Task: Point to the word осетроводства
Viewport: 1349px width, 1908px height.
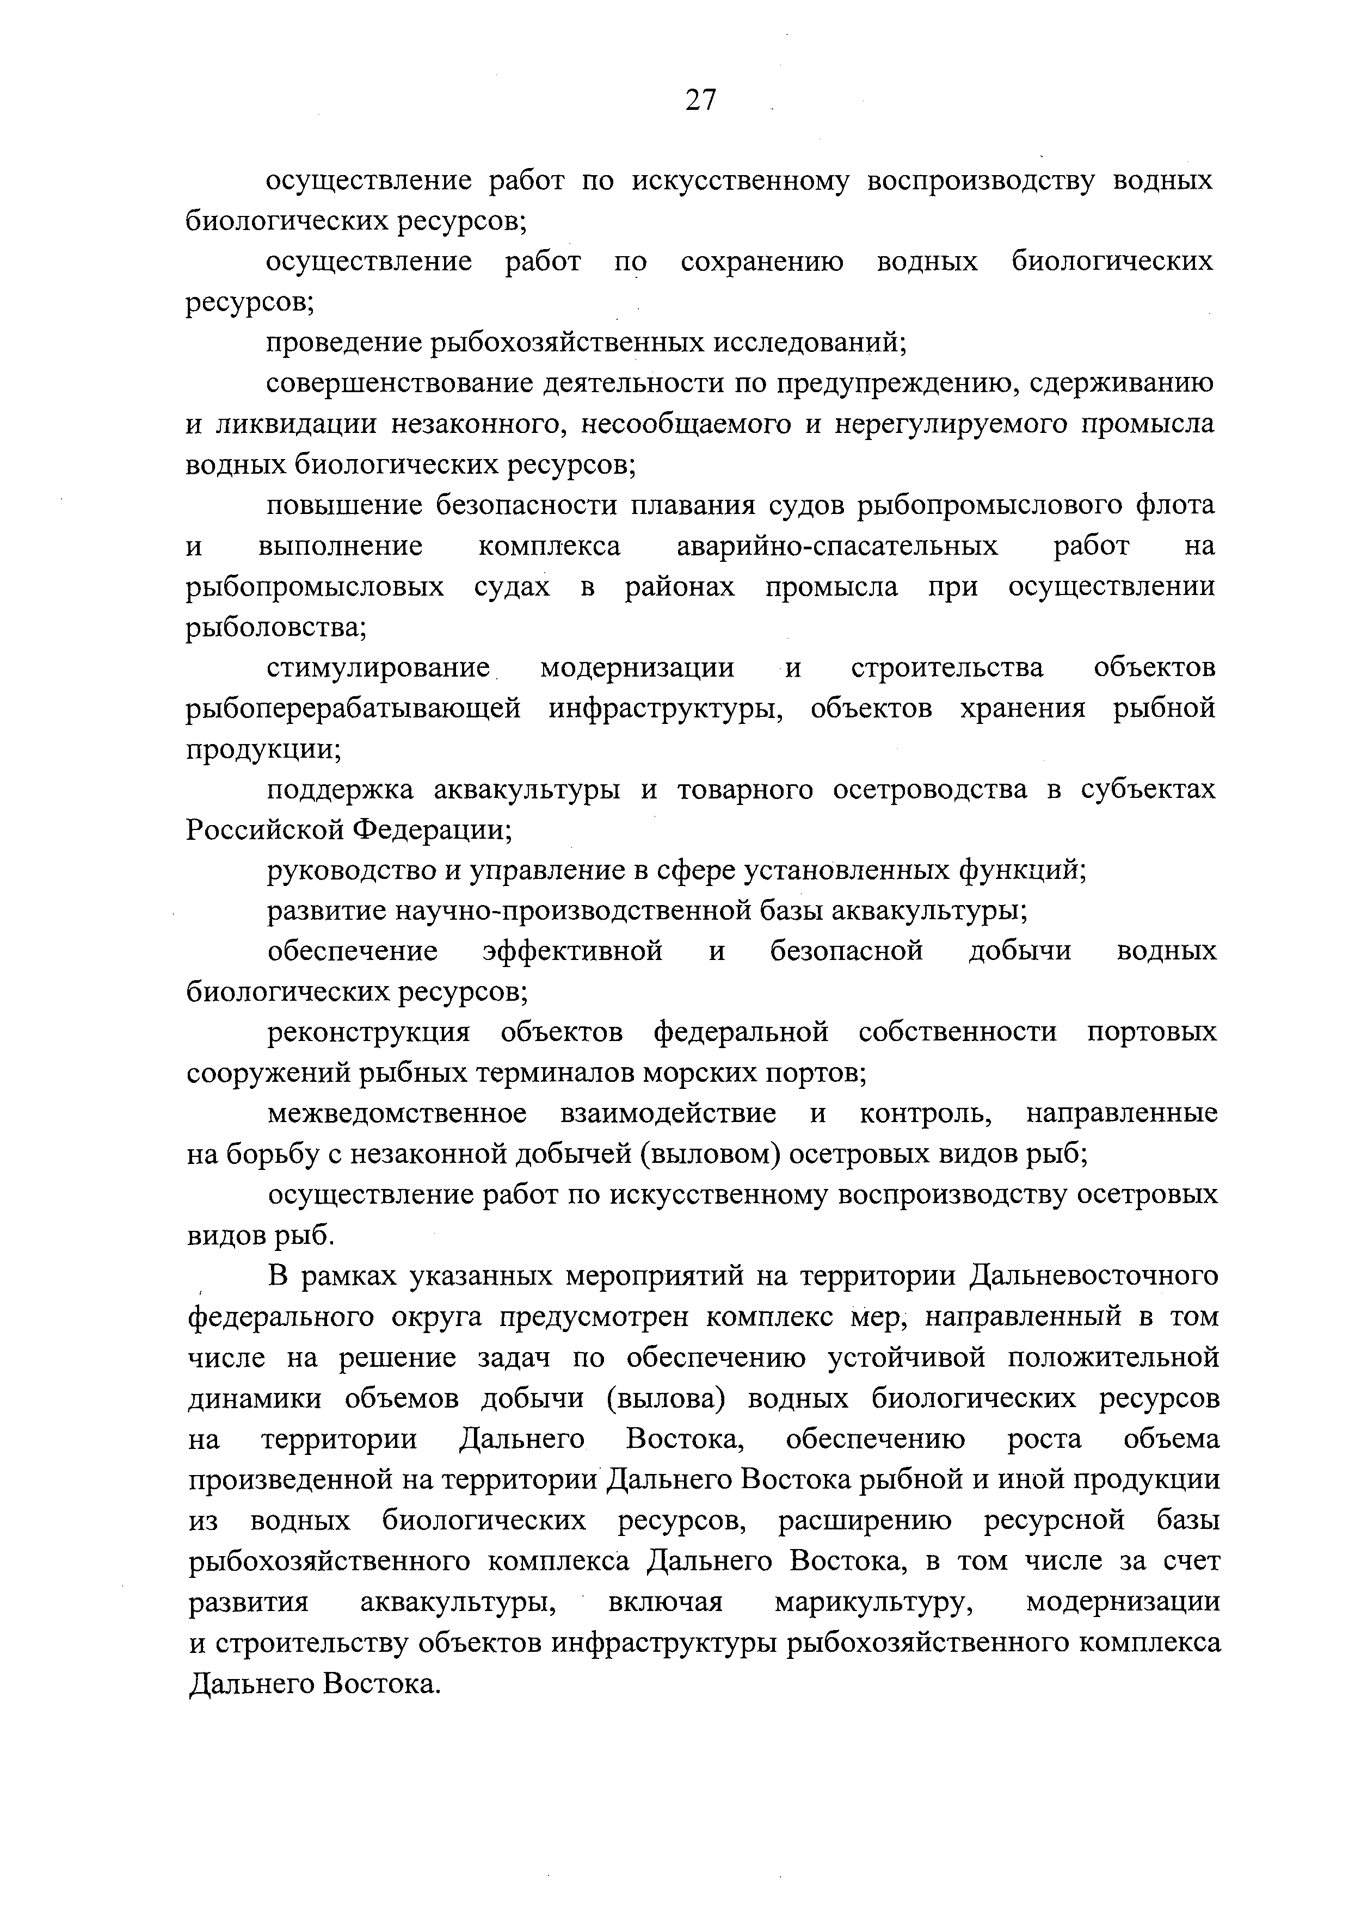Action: point(929,789)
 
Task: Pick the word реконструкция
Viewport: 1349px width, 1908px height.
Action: point(368,1033)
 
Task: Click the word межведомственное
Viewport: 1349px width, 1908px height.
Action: point(397,1113)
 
